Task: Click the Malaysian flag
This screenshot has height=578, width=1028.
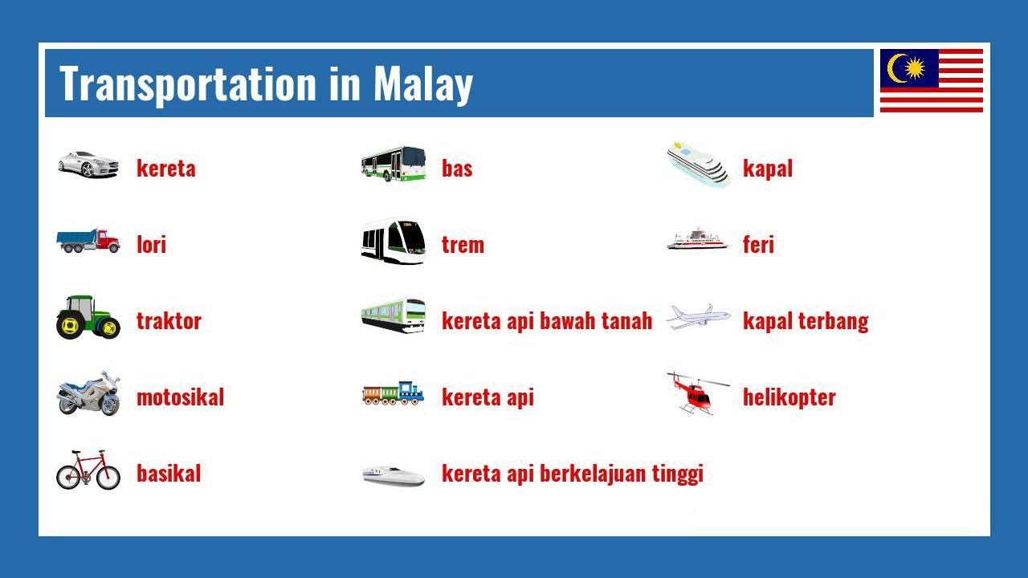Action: (x=931, y=80)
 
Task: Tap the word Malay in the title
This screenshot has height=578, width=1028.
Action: (x=422, y=84)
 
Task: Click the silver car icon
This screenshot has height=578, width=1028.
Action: (x=88, y=164)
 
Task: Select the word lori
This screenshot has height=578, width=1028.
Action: (x=151, y=245)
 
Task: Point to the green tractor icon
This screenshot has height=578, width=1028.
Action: (x=88, y=317)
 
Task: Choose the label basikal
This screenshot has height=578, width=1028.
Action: (x=169, y=474)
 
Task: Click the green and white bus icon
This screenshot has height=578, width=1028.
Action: (x=393, y=164)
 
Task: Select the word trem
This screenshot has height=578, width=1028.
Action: (x=463, y=245)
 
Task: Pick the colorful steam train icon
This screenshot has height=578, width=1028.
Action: (x=393, y=393)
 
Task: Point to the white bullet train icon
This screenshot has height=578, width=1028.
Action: (x=393, y=475)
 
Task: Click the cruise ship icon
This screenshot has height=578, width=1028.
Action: (x=698, y=165)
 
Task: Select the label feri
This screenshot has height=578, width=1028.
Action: (x=758, y=245)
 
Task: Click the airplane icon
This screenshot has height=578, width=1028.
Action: (x=698, y=316)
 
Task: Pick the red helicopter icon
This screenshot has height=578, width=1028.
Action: (x=696, y=393)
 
